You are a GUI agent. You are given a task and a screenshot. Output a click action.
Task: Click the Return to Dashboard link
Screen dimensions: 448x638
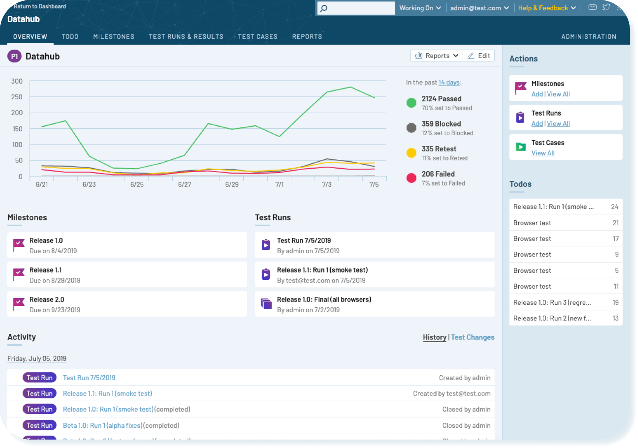pos(40,6)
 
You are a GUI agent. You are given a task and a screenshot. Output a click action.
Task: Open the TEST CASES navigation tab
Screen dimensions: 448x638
pos(257,36)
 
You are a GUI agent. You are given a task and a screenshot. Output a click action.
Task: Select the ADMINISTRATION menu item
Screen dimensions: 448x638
pos(589,36)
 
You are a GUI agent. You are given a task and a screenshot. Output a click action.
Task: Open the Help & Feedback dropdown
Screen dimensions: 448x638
pos(547,8)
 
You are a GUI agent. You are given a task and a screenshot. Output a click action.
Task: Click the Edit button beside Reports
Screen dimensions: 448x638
pos(479,56)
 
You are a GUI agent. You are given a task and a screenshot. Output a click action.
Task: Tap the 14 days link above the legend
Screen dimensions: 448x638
pos(449,82)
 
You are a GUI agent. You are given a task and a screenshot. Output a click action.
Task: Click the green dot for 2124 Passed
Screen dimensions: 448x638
pos(411,103)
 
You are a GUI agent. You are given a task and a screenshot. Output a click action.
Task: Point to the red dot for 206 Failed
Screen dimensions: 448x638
pos(411,178)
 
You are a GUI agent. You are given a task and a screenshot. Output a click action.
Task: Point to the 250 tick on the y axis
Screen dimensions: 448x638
pos(17,97)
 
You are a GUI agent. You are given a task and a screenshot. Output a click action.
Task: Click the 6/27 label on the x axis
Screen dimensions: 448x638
pos(185,184)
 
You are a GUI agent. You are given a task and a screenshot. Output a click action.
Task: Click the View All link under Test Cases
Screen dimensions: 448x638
pos(543,153)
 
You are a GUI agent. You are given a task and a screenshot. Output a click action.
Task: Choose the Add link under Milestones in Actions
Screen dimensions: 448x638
pos(537,94)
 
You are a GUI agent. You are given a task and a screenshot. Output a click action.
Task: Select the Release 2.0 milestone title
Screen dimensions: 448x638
pos(47,299)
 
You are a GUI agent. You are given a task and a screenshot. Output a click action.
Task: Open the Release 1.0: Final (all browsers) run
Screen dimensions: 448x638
pos(324,299)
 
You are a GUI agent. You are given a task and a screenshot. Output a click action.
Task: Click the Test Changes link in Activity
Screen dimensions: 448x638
pos(473,337)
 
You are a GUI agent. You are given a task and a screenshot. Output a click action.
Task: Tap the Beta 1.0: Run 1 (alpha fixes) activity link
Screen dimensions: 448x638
pos(102,425)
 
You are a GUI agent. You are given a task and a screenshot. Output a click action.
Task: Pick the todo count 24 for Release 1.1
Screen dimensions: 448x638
pos(614,207)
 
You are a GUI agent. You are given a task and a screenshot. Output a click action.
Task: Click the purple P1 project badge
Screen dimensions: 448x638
pos(14,56)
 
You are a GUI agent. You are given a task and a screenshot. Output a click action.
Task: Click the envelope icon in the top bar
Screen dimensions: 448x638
pos(592,7)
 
